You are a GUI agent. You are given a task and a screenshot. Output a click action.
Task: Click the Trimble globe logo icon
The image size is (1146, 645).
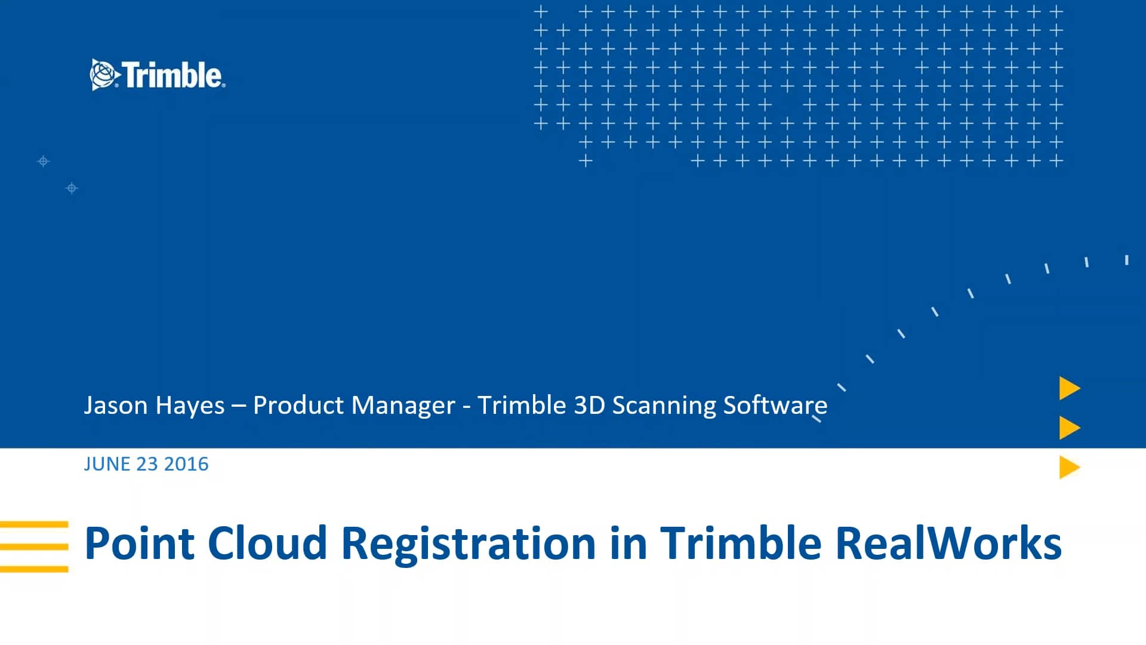pyautogui.click(x=103, y=75)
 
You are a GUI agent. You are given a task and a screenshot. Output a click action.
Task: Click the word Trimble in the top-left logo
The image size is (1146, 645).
pyautogui.click(x=173, y=75)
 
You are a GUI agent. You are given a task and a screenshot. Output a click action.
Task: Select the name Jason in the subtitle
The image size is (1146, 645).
pyautogui.click(x=116, y=406)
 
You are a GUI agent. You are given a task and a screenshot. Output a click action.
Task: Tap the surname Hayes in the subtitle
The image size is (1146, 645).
pyautogui.click(x=190, y=406)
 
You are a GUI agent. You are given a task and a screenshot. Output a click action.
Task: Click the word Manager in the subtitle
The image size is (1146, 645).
pyautogui.click(x=403, y=406)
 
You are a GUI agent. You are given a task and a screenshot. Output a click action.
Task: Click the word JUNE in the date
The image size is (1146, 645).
pyautogui.click(x=107, y=464)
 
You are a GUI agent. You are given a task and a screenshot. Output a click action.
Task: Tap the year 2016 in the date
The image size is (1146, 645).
pyautogui.click(x=186, y=464)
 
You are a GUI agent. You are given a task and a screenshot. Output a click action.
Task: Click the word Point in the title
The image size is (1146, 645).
pyautogui.click(x=140, y=543)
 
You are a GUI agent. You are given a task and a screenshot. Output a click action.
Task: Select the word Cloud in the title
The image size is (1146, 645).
pyautogui.click(x=267, y=543)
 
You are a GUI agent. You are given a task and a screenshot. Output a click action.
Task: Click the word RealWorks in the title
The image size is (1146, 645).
pyautogui.click(x=948, y=543)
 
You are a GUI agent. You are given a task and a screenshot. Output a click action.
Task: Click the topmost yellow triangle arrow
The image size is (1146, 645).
pyautogui.click(x=1068, y=388)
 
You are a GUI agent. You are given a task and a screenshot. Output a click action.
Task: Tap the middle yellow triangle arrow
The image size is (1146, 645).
pyautogui.click(x=1068, y=428)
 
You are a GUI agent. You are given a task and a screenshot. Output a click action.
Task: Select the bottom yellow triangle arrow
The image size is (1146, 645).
pyautogui.click(x=1068, y=467)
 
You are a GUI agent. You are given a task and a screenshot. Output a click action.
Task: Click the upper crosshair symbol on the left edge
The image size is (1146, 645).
pyautogui.click(x=43, y=161)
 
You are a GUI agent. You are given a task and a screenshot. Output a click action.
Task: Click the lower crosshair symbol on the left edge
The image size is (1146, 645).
pyautogui.click(x=72, y=189)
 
